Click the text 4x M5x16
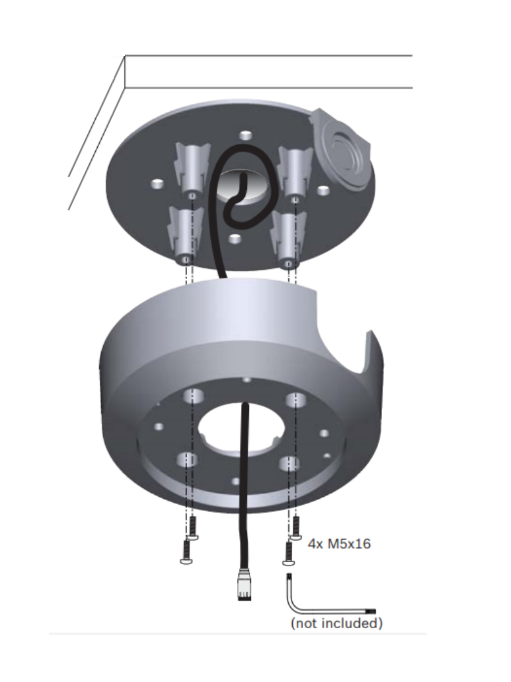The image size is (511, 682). pos(339,544)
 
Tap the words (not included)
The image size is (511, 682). pos(337,624)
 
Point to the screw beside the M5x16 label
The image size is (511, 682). pos(296,527)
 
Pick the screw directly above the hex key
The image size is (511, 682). pos(288,553)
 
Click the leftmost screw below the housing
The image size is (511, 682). pos(186,551)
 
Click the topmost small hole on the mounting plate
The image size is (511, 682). pos(246,136)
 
